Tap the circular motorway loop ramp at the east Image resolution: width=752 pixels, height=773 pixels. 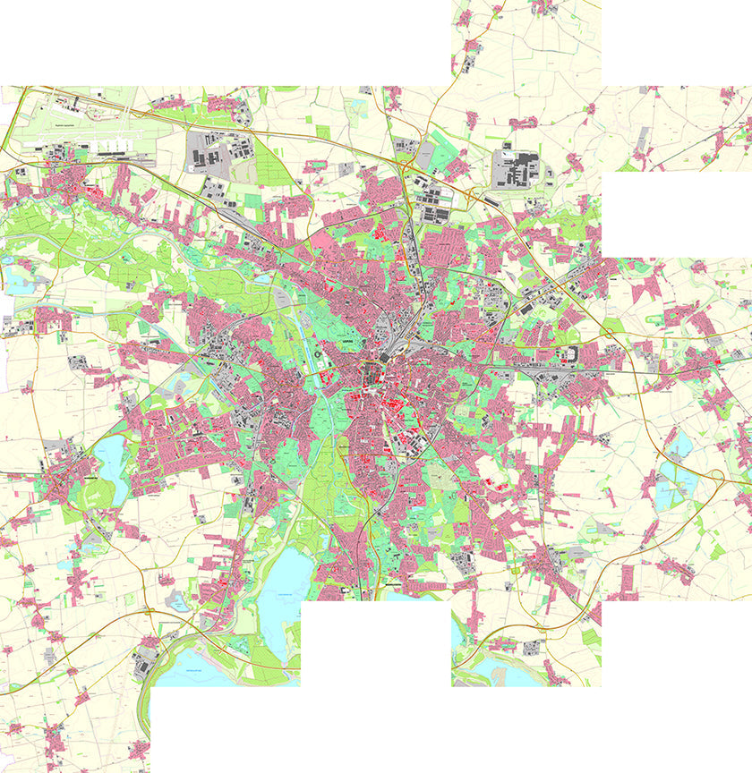(716, 476)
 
